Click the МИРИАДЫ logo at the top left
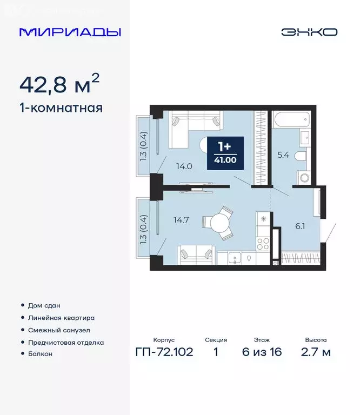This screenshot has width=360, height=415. tap(70, 32)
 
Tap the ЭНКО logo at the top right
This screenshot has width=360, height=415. tap(309, 32)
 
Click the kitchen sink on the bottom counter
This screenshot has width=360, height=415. tap(235, 258)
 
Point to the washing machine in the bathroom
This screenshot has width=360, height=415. tap(303, 177)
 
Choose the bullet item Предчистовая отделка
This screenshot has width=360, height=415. tap(65, 343)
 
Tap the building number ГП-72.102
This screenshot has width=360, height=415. tap(164, 353)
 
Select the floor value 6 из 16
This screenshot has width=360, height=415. tap(262, 353)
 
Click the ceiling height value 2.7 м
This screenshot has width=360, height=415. tap(316, 353)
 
